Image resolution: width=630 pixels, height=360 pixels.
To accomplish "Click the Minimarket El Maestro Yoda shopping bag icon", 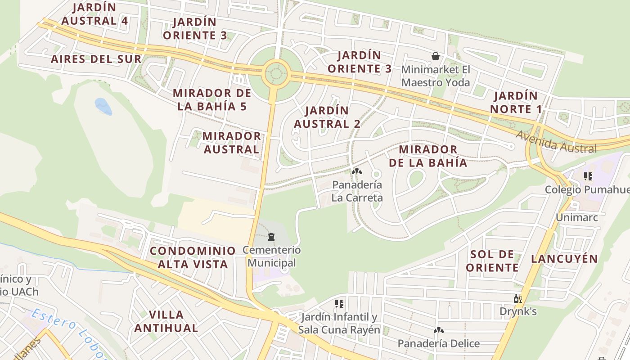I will point(435,56).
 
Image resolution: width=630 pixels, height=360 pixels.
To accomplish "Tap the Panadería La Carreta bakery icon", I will point(356,171).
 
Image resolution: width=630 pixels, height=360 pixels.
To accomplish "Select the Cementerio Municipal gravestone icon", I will point(271,236).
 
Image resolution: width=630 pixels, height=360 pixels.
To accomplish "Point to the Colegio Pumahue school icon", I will point(588,176).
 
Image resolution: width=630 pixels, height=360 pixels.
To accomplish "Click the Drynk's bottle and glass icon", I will point(517,298).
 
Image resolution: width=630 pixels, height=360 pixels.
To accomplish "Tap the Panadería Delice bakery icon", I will point(438,330).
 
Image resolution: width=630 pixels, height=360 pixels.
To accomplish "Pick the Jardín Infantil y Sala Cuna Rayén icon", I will point(339,304).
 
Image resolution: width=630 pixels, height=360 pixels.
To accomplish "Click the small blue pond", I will point(103,106).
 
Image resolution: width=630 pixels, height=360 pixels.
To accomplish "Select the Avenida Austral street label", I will point(556,143).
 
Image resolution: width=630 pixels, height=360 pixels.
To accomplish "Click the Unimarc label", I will point(576,217).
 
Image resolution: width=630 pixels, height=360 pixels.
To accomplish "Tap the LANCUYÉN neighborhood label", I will point(564,259).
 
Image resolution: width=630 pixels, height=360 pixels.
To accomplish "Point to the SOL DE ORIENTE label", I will point(492,261).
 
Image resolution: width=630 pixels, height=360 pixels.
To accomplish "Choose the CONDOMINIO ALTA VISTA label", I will point(193,257).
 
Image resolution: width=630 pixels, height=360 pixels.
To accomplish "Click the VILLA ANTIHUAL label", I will point(166,321).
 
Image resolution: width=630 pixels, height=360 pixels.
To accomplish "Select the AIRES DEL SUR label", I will point(96,59).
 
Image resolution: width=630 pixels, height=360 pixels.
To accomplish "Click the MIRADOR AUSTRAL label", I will point(231,143).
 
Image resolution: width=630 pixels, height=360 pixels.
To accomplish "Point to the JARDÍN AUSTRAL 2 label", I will point(327,117).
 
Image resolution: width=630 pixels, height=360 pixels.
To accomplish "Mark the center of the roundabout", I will point(276,73).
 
